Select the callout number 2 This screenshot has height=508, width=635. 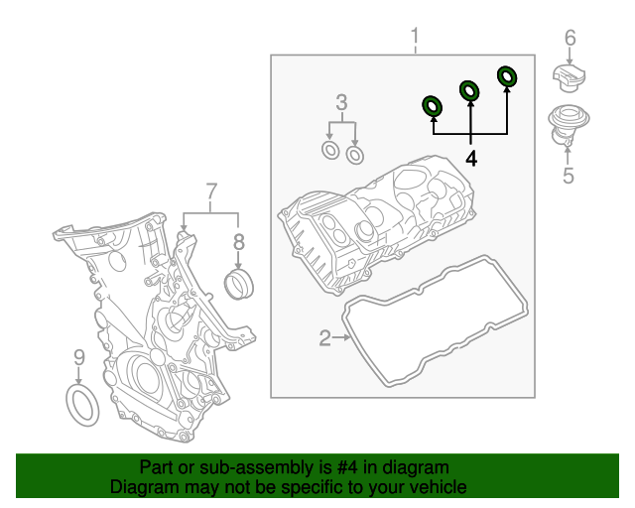click(x=324, y=339)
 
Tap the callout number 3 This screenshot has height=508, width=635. click(x=341, y=101)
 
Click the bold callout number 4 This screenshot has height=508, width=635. click(x=471, y=158)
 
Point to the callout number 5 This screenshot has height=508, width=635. click(x=569, y=177)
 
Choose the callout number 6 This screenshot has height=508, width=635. click(x=570, y=39)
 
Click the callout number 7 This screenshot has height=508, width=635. click(x=210, y=190)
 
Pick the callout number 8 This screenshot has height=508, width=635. click(x=238, y=240)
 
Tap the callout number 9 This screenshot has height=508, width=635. click(x=79, y=357)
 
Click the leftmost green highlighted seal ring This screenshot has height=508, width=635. click(x=433, y=104)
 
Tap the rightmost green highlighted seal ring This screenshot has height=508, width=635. click(x=507, y=76)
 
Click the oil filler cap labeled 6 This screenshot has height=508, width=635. click(x=571, y=78)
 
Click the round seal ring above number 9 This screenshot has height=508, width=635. click(x=81, y=407)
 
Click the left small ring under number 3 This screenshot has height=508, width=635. click(x=330, y=150)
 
